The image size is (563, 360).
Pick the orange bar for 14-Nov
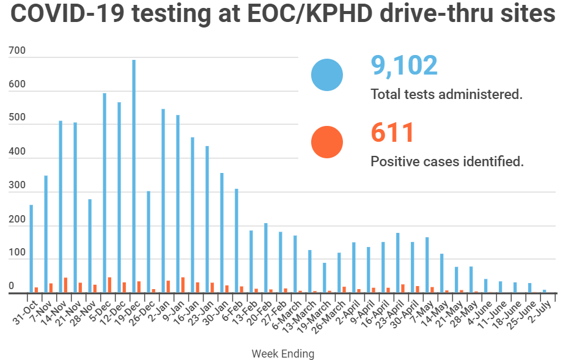click(x=65, y=285)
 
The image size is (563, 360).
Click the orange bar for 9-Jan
click(x=183, y=285)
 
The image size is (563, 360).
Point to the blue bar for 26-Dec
click(x=149, y=242)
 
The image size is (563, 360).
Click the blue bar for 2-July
click(x=545, y=291)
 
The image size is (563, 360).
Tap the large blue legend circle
click(x=327, y=75)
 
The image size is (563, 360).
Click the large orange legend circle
click(x=327, y=142)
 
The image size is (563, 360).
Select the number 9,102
click(x=404, y=65)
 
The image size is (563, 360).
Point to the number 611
click(x=392, y=133)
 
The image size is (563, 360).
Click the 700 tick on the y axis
click(x=18, y=51)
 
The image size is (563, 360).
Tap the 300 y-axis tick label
click(x=18, y=185)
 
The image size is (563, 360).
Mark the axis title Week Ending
click(x=283, y=353)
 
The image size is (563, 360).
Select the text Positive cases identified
click(x=447, y=162)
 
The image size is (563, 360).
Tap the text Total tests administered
click(x=447, y=95)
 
